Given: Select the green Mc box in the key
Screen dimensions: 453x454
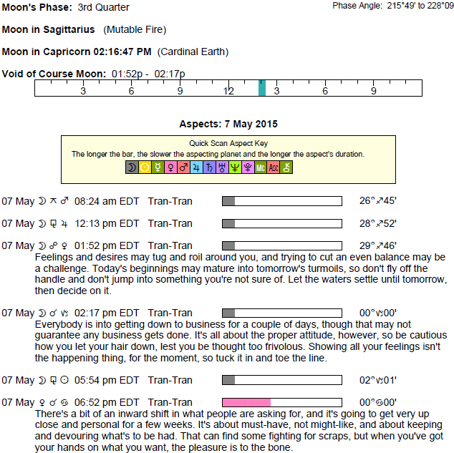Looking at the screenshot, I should coord(261,167).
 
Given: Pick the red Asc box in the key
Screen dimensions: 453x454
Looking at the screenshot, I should coord(274,167).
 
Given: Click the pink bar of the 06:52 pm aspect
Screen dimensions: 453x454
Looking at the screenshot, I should coord(246,402).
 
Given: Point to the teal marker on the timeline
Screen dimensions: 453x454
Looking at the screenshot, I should coord(262,87).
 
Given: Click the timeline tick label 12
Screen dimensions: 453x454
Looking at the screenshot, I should coord(228,92).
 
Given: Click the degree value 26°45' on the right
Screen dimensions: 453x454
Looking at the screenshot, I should coord(378,201).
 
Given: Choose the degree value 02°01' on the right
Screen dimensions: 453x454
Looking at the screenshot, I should coord(378,380).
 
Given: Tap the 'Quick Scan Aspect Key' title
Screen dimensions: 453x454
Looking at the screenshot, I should coord(227,143).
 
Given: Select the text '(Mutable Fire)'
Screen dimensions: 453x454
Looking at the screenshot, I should coord(135,30).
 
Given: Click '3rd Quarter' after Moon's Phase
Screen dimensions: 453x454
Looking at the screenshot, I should coord(104,8).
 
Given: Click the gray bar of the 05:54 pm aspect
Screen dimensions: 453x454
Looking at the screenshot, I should coord(228,380).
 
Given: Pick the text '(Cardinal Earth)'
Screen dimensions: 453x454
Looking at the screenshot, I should coord(193,52).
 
